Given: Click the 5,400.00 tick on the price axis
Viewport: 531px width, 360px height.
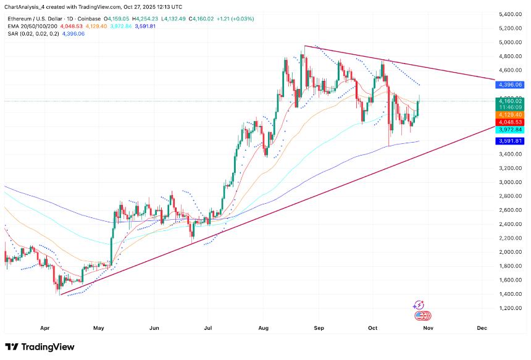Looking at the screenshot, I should click(512, 14).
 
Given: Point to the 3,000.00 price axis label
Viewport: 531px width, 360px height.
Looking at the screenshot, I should click(512, 182).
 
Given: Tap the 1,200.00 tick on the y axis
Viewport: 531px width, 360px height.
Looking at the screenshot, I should click(512, 308).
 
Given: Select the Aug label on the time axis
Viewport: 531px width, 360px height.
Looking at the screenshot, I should click(264, 328).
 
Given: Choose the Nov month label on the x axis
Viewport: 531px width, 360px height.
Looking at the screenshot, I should click(428, 328).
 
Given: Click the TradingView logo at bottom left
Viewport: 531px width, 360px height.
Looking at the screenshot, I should click(40, 347).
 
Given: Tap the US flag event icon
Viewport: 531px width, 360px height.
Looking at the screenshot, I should click(422, 316).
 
